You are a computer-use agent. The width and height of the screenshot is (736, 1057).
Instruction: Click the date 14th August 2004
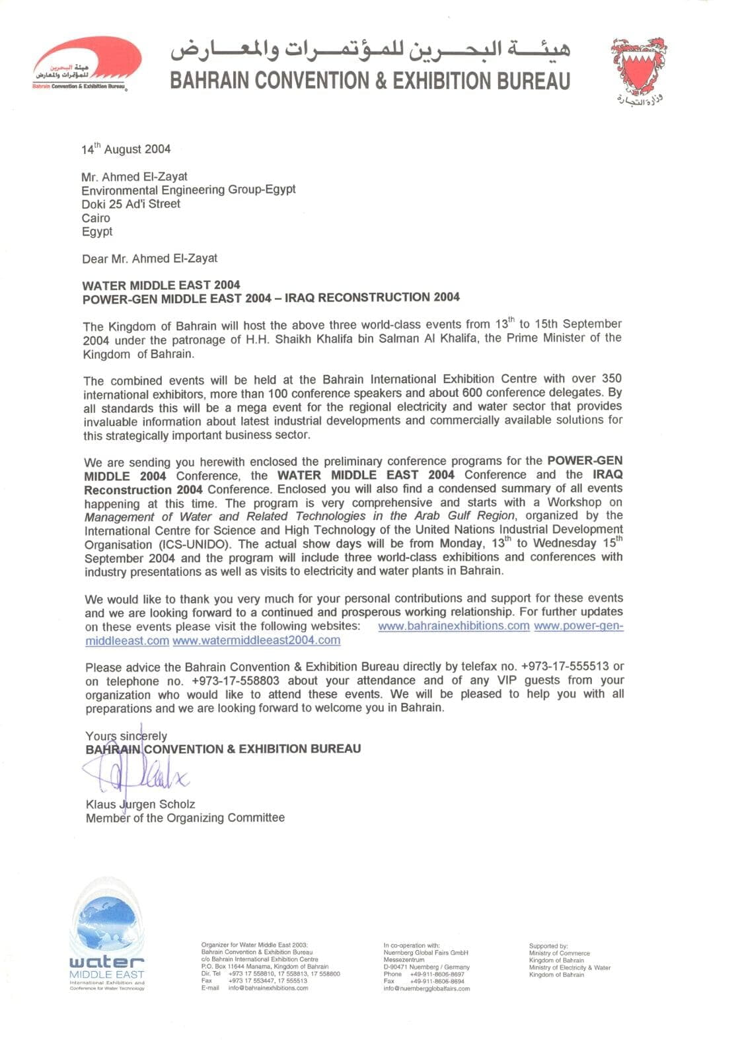tap(126, 149)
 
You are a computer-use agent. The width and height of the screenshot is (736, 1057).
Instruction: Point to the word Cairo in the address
tap(96, 218)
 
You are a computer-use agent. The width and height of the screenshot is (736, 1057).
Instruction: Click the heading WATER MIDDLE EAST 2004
tap(161, 285)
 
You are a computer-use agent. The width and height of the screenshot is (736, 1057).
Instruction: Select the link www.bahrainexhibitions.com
tap(454, 626)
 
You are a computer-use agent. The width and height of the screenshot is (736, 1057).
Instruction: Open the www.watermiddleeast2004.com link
tap(256, 640)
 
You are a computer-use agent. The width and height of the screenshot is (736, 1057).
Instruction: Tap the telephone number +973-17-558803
tap(235, 680)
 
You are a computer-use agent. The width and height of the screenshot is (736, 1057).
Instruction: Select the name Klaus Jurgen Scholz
tap(140, 804)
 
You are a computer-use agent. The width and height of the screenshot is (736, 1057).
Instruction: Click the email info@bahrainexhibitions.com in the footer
tap(268, 988)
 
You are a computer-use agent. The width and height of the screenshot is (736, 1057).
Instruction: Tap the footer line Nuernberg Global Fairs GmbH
tap(425, 953)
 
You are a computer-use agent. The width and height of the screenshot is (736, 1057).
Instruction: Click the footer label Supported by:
tap(548, 946)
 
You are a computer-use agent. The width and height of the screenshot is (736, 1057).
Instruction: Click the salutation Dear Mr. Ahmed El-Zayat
tap(149, 258)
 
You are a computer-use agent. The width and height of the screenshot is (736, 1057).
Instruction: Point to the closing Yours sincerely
tap(126, 735)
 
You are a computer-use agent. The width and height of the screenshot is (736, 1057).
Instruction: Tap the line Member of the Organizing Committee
tap(185, 818)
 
